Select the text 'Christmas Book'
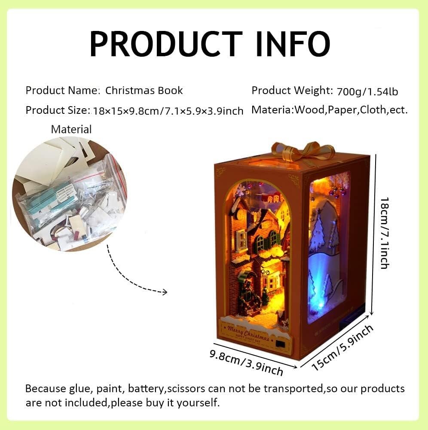(144, 91)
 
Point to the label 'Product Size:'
(58, 110)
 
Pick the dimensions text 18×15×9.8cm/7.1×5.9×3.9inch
(168, 111)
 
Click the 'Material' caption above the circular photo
(71, 129)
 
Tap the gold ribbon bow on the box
(303, 151)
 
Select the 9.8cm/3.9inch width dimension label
(246, 362)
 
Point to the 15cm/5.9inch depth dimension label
(342, 348)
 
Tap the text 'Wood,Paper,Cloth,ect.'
(351, 110)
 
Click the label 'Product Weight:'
(292, 91)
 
